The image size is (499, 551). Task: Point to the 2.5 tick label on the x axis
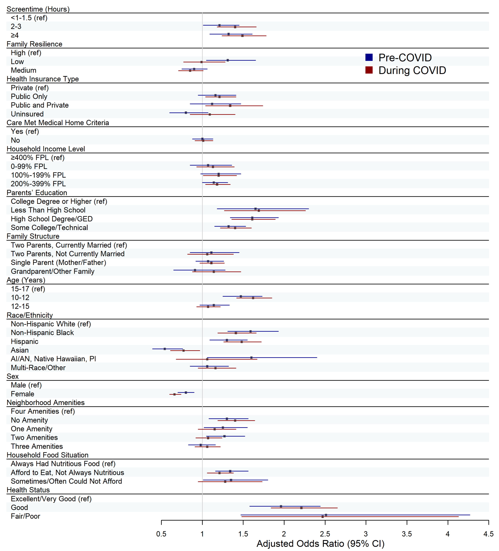click(325, 534)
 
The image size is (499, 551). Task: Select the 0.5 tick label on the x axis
click(161, 534)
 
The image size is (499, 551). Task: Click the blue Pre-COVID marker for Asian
click(165, 349)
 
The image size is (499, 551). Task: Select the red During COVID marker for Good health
click(301, 508)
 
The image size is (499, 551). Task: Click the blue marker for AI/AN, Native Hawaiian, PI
click(251, 357)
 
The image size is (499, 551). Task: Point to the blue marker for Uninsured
click(186, 113)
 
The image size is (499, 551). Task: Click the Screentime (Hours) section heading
click(38, 9)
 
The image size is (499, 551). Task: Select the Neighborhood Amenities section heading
click(46, 403)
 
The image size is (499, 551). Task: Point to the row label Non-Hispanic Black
click(42, 333)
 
